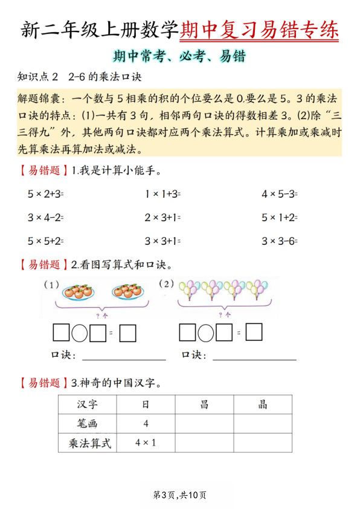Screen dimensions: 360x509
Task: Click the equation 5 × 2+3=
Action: pos(45,194)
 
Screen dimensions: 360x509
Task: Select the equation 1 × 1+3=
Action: pos(162,194)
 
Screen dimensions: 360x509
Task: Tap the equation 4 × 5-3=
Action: pos(279,194)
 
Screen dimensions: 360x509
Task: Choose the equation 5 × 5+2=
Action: pos(45,241)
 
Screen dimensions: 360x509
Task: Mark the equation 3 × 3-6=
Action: pos(279,241)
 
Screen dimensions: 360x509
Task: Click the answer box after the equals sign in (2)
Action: pos(254,333)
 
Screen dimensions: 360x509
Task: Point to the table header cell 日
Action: pos(146,404)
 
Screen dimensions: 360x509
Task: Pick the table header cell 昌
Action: pos(204,404)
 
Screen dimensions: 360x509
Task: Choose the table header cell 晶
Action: pos(263,404)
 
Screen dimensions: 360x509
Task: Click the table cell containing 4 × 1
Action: pos(146,443)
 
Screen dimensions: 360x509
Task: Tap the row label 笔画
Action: pos(88,424)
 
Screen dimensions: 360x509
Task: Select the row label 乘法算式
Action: pos(88,443)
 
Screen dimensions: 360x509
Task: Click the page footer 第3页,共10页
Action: pos(180,495)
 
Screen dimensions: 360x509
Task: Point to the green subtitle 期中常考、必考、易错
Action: pos(179,57)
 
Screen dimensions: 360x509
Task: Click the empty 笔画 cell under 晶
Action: pos(263,424)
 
